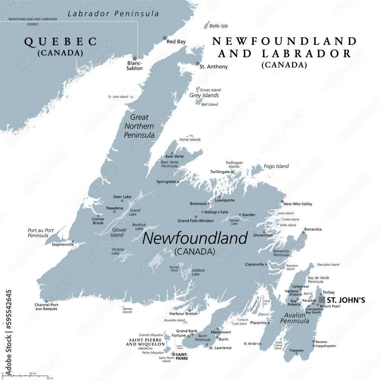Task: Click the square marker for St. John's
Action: coord(322,300)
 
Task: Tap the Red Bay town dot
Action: coord(165,38)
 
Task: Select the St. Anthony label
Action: coord(213,67)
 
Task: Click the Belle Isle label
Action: coord(219,26)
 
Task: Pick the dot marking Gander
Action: coord(240,215)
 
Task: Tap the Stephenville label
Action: coord(62,244)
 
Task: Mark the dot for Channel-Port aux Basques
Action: coord(46,301)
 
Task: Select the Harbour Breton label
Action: coord(184,314)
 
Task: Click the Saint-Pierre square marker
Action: coord(173,354)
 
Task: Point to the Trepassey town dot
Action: coord(296,354)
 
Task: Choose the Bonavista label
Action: coord(312,229)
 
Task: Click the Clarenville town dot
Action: coord(266,264)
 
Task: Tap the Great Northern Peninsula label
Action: coord(139,126)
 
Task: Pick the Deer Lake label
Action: coord(122,197)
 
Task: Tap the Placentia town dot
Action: coord(269,323)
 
